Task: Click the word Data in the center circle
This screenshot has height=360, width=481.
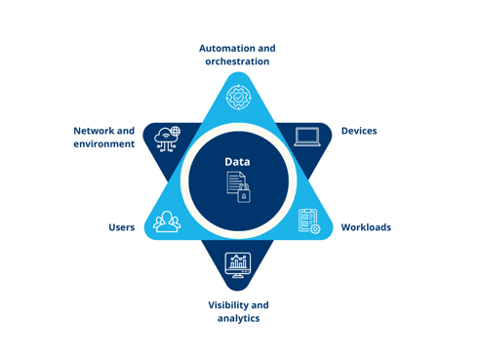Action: point(237,161)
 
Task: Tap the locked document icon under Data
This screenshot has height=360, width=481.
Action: point(238,186)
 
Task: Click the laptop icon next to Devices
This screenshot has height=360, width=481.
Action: point(307,137)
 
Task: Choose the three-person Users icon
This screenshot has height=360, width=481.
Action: point(167,222)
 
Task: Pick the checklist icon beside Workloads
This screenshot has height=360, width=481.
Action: point(308,221)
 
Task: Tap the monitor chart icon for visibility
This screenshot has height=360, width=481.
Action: point(237,263)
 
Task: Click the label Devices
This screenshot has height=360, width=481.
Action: point(358,131)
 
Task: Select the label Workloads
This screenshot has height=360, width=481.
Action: point(365,227)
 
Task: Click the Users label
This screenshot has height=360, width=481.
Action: point(121,227)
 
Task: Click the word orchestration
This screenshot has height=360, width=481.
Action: point(237,61)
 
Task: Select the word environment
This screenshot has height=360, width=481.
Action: point(103,144)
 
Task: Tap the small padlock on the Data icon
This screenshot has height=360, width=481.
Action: point(244,194)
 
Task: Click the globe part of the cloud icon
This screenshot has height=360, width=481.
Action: point(175,132)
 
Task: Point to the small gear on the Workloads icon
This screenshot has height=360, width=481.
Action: point(314,228)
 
